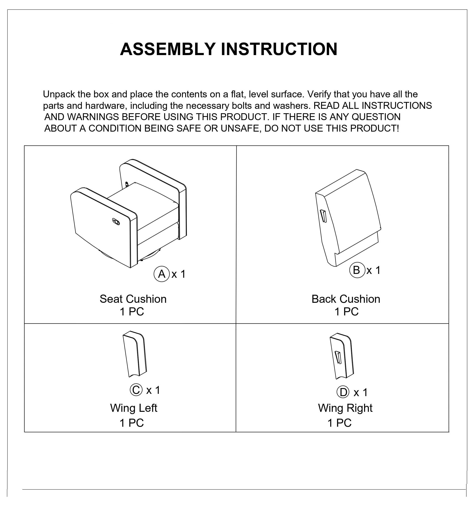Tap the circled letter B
[357, 270]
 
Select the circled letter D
[343, 392]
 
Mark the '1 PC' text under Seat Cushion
[132, 312]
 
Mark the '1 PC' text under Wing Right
[339, 423]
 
